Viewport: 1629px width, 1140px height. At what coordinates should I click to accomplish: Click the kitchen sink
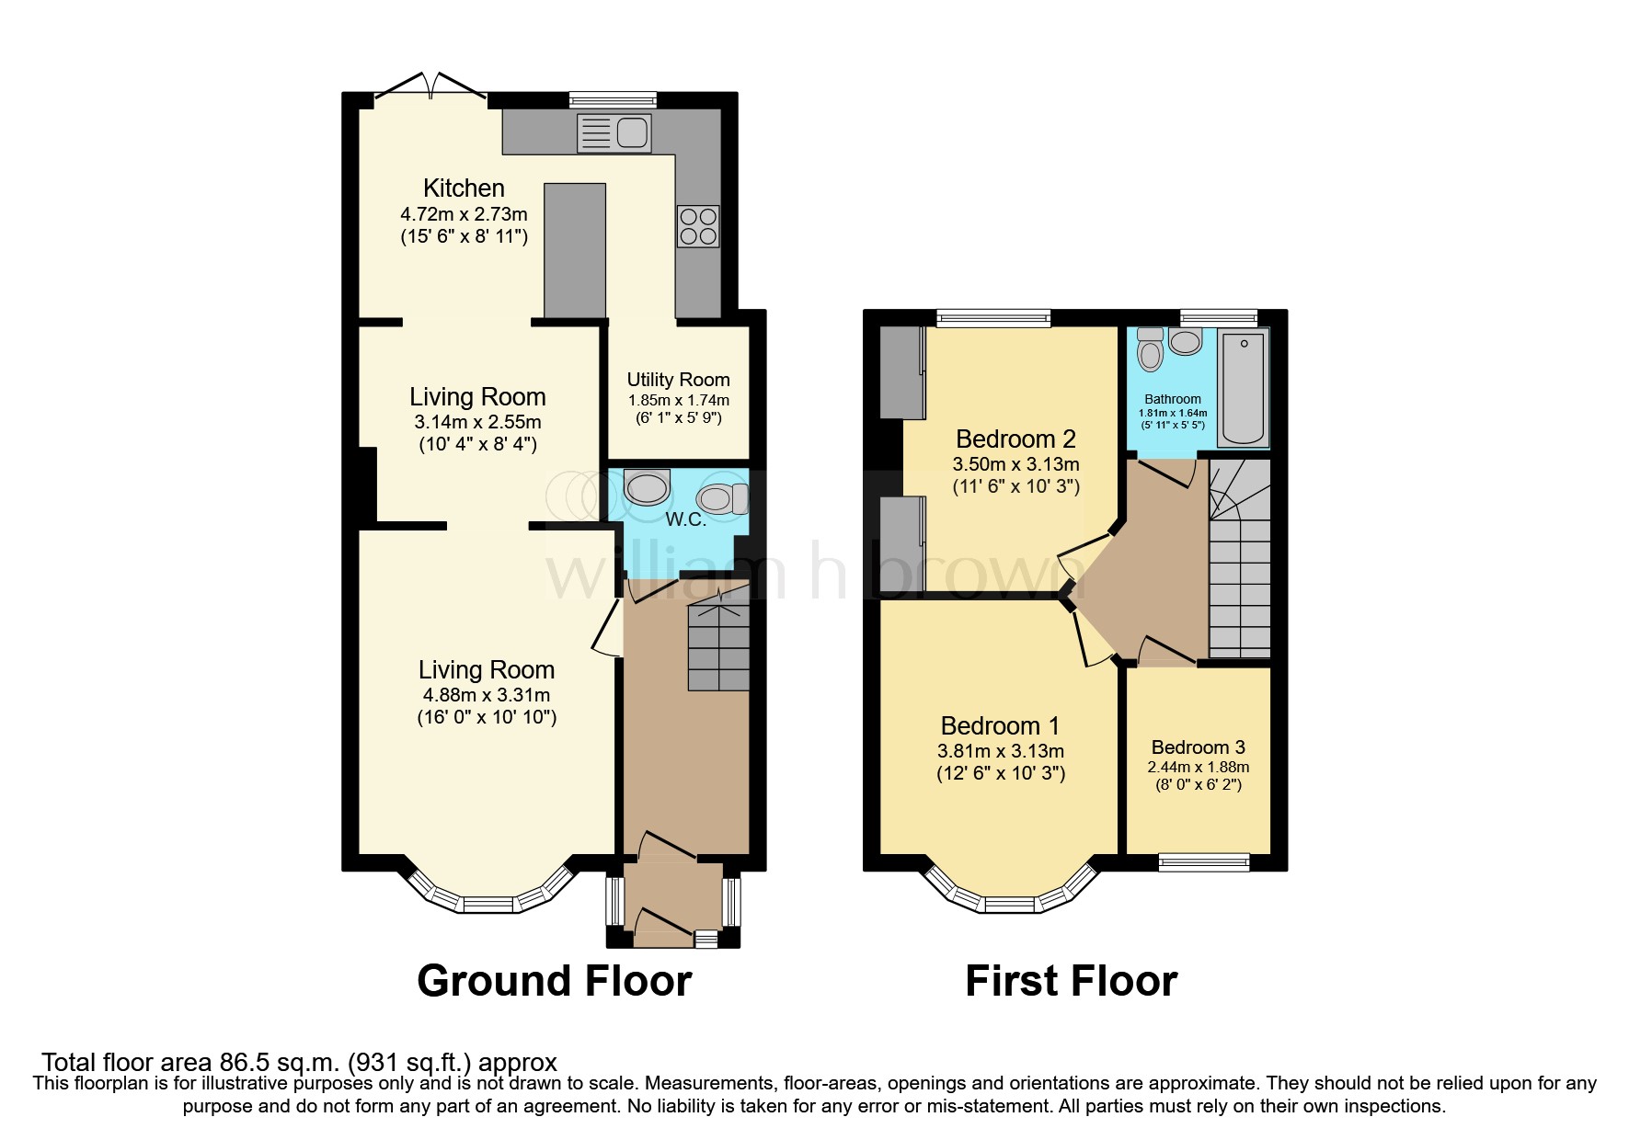click(614, 133)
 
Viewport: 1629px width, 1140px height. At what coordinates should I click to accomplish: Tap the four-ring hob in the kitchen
click(698, 226)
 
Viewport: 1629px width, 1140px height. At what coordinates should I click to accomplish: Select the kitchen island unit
click(575, 250)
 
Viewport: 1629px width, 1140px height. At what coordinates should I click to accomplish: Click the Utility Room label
click(678, 380)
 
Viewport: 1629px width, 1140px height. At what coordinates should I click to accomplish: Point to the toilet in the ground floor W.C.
click(722, 499)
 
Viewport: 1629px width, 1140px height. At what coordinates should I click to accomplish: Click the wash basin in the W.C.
click(646, 487)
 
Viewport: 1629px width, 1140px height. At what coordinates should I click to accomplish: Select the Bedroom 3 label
click(1197, 747)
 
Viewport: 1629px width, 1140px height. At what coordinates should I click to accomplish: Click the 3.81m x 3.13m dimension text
click(1000, 751)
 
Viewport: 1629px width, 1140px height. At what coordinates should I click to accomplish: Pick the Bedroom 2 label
click(1015, 439)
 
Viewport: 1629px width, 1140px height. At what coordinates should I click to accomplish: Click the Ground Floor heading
click(554, 981)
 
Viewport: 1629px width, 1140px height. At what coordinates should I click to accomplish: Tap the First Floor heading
click(1071, 981)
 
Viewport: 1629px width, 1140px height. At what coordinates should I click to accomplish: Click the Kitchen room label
click(464, 188)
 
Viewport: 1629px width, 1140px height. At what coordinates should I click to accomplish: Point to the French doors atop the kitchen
click(430, 85)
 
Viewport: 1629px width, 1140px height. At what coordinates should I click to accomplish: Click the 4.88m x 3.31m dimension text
click(486, 695)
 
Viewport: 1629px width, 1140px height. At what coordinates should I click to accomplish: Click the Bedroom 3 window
click(1203, 861)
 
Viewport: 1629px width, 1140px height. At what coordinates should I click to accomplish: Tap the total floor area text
click(299, 1063)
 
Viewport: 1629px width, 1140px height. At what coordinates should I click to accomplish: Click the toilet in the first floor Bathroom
click(1150, 349)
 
